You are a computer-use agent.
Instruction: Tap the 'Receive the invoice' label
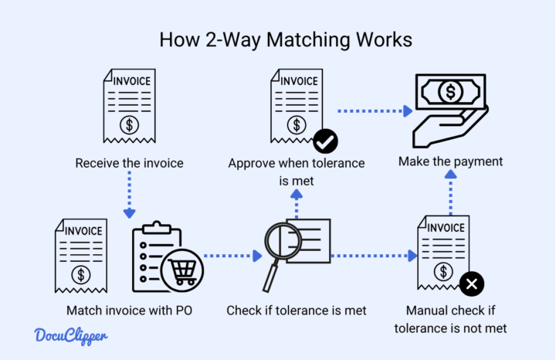(129, 163)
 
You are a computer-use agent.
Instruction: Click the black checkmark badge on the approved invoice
(325, 141)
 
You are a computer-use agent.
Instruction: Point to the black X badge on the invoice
(471, 284)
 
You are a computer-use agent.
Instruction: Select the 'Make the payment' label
(450, 161)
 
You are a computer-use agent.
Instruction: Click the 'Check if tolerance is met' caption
(297, 311)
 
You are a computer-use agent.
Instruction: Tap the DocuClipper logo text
(71, 336)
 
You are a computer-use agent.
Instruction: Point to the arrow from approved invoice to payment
(375, 111)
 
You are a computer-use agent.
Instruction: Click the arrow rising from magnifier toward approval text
(297, 203)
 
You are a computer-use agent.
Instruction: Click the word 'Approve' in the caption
(251, 164)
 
